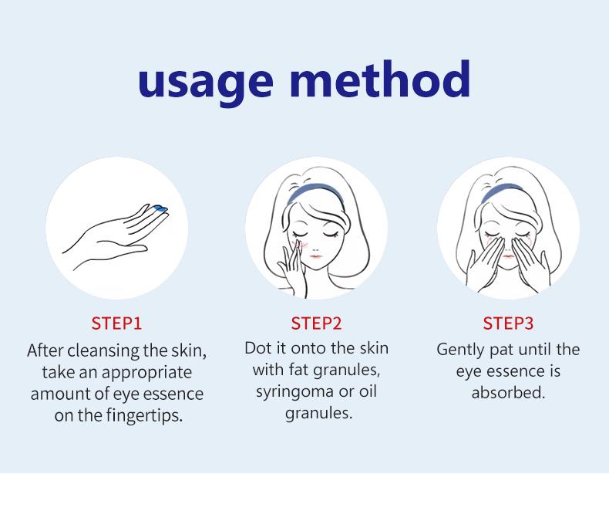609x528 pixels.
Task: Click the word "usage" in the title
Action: (205, 80)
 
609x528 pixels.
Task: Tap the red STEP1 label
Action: (116, 323)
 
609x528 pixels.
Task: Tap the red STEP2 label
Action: (316, 323)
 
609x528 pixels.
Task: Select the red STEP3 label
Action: (508, 323)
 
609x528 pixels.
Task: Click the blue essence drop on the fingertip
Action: (161, 208)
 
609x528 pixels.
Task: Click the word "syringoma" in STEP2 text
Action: (294, 391)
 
